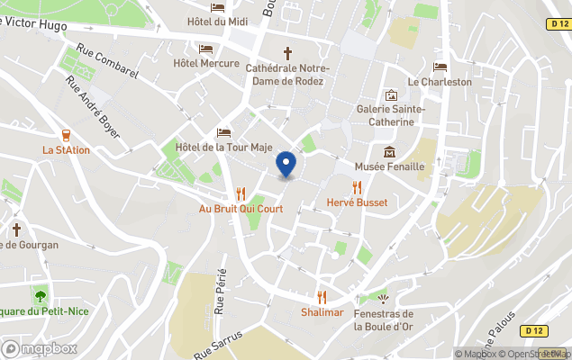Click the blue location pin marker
pyautogui.click(x=286, y=164)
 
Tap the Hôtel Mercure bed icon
pyautogui.click(x=206, y=49)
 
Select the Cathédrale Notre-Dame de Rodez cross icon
pyautogui.click(x=288, y=53)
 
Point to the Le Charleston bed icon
pyautogui.click(x=440, y=67)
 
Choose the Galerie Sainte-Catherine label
pyautogui.click(x=391, y=115)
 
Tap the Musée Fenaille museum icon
pyautogui.click(x=389, y=151)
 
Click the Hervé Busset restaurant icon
pyautogui.click(x=358, y=187)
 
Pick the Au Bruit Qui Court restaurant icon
pyautogui.click(x=241, y=193)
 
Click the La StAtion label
pyautogui.click(x=66, y=150)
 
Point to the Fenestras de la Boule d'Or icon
pyautogui.click(x=384, y=298)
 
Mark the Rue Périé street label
pyautogui.click(x=220, y=292)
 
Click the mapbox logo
pyautogui.click(x=39, y=348)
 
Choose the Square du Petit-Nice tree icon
pyautogui.click(x=40, y=295)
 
